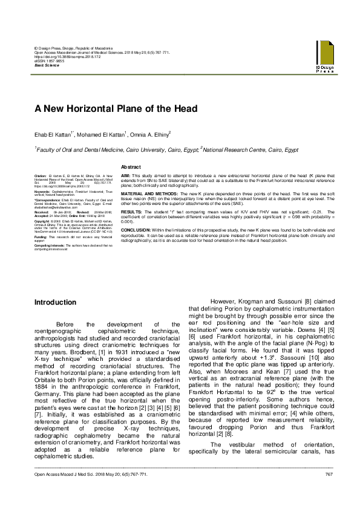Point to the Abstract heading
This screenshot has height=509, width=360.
click(x=131, y=166)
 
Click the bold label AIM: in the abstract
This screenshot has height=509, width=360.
click(x=125, y=174)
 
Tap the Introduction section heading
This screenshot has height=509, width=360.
click(x=55, y=302)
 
